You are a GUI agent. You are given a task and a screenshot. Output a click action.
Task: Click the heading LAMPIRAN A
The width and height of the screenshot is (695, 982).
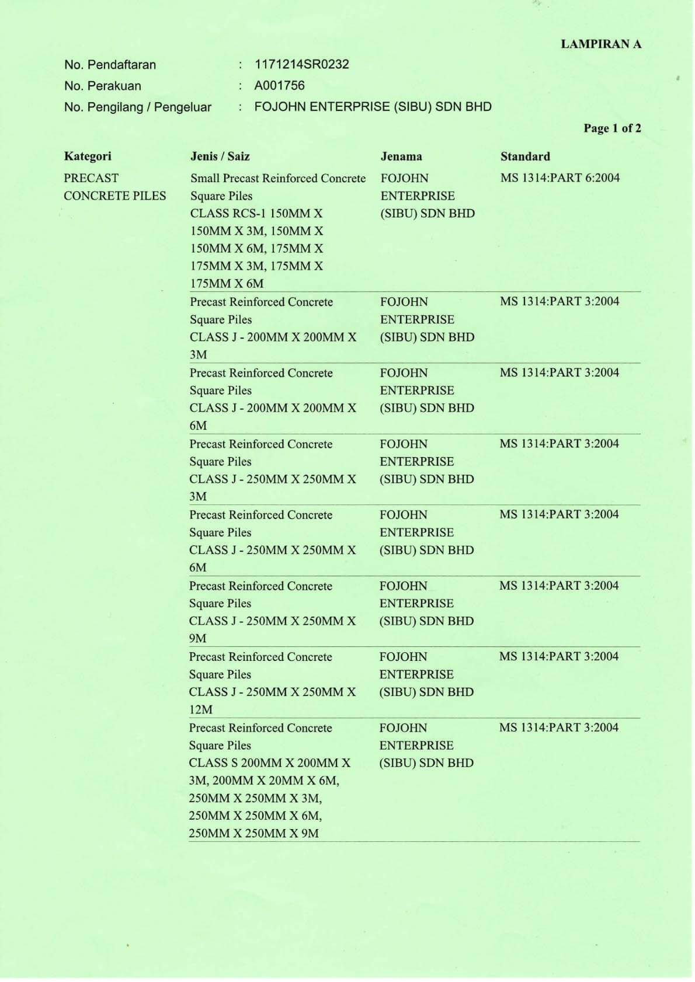(x=600, y=44)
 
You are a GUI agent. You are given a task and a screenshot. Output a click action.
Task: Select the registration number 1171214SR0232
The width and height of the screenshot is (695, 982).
(x=301, y=64)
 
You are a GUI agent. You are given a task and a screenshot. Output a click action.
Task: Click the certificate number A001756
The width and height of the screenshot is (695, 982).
(x=279, y=85)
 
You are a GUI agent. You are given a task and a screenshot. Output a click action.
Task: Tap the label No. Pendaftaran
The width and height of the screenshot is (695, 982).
(x=110, y=65)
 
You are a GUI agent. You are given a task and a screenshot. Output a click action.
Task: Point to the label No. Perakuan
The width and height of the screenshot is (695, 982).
(x=102, y=86)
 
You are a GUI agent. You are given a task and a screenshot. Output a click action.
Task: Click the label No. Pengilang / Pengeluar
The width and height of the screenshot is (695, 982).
(x=137, y=107)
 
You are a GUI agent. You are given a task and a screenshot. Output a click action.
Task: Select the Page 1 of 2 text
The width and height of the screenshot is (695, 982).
(x=611, y=128)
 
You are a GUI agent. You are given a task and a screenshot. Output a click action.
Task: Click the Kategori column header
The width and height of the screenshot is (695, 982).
(x=88, y=156)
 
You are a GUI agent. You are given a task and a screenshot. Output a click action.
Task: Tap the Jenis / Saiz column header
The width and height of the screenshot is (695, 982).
(x=220, y=156)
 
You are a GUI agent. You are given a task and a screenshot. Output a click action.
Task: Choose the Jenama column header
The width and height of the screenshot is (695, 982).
(x=401, y=156)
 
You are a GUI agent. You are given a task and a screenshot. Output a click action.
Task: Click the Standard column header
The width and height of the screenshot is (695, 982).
(x=524, y=156)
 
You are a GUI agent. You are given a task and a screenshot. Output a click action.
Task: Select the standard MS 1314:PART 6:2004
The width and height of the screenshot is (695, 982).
(x=560, y=177)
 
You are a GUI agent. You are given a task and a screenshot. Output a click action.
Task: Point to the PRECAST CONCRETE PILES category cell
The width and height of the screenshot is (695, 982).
(x=114, y=187)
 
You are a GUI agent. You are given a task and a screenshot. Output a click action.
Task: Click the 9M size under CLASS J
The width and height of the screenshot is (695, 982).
(x=197, y=638)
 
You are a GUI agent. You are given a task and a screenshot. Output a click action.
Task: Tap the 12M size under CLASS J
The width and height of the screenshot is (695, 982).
(x=200, y=709)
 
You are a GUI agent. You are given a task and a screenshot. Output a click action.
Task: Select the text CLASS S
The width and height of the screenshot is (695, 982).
(x=213, y=762)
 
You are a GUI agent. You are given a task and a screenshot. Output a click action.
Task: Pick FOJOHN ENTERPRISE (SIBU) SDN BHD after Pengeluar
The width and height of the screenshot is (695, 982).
(x=373, y=107)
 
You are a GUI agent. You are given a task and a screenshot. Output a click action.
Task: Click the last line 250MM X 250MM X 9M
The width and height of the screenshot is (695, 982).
(x=253, y=833)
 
